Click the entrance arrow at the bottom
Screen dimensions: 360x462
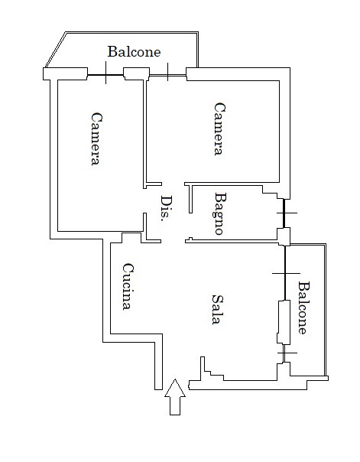point(175,397)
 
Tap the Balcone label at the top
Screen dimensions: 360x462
point(134,51)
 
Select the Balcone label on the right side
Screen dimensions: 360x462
point(304,307)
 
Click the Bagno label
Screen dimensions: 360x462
point(219,213)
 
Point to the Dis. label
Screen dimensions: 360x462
point(167,208)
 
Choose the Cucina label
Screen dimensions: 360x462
point(128,286)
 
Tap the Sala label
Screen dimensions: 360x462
point(218,309)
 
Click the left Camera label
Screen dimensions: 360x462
point(96,138)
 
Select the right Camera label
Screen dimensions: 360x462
point(219,129)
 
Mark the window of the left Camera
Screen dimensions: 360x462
point(105,75)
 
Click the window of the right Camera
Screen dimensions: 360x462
point(168,76)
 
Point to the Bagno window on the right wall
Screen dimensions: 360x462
point(284,213)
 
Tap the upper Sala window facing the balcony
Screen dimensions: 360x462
point(285,273)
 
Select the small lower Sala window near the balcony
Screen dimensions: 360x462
point(284,353)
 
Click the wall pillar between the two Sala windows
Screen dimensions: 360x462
point(284,322)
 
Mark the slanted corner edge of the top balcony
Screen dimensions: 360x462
point(55,50)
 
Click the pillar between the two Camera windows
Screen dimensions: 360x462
point(136,73)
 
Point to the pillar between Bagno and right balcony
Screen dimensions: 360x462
point(284,236)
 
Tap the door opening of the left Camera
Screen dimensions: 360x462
point(144,200)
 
